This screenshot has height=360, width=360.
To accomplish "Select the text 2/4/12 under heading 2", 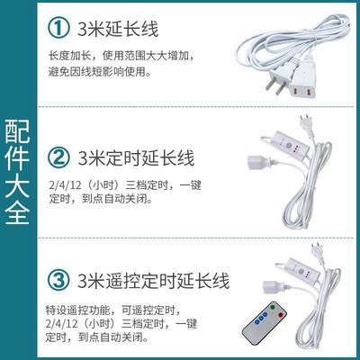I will [83, 184].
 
